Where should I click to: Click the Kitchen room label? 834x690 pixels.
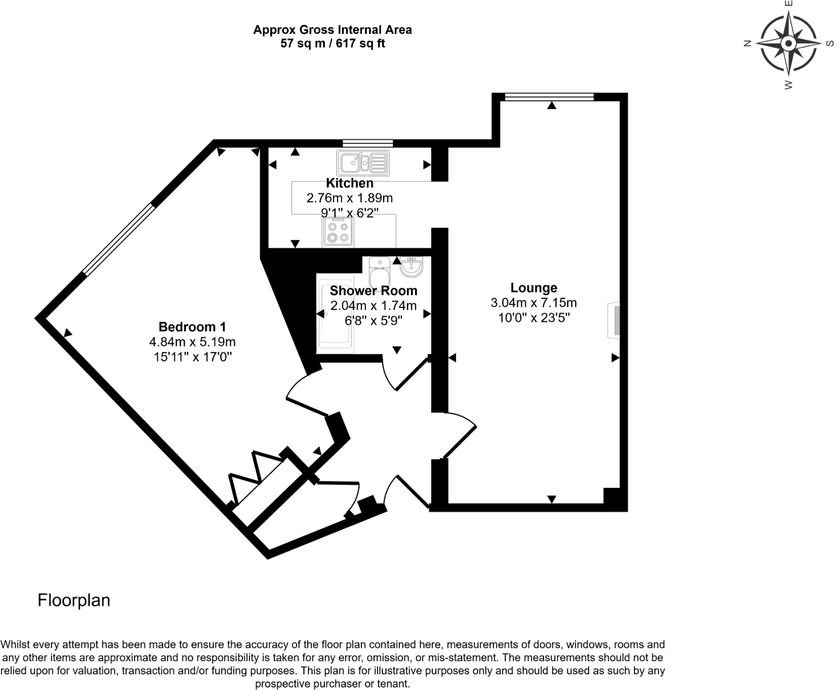pyautogui.click(x=349, y=183)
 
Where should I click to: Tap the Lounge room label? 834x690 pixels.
pyautogui.click(x=533, y=288)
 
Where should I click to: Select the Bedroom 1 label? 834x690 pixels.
pyautogui.click(x=192, y=327)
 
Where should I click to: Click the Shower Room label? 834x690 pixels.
pyautogui.click(x=373, y=291)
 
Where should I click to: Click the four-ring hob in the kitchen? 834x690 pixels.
pyautogui.click(x=338, y=233)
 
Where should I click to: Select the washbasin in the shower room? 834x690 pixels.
pyautogui.click(x=411, y=267)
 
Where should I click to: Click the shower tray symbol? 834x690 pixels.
pyautogui.click(x=335, y=313)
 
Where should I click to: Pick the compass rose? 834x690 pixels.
pyautogui.click(x=788, y=44)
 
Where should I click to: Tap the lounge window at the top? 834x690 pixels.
pyautogui.click(x=549, y=97)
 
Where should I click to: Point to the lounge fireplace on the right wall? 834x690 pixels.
pyautogui.click(x=614, y=320)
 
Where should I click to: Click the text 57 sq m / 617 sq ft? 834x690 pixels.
pyautogui.click(x=332, y=44)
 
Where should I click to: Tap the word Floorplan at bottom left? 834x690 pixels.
pyautogui.click(x=74, y=600)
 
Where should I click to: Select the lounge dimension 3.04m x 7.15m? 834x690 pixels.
pyautogui.click(x=533, y=303)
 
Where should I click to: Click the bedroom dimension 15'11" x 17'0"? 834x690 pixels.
pyautogui.click(x=192, y=357)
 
